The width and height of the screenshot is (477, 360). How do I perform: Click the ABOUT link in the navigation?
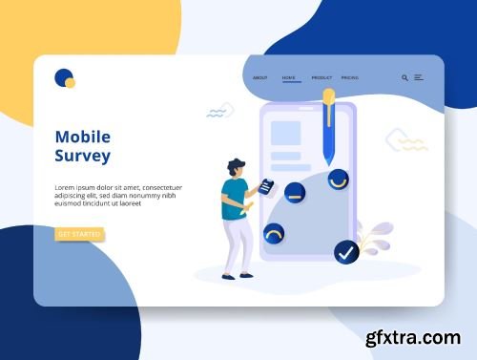pos(260,77)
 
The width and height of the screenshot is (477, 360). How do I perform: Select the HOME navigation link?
pos(289,77)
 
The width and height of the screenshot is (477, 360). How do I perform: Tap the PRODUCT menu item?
pos(321,77)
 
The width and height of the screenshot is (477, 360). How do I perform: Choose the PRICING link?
pos(350,77)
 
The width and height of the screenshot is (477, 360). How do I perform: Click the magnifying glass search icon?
pos(404,77)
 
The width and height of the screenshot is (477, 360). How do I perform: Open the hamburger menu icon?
pos(418,77)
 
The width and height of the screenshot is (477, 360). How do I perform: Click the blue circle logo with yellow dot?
pos(65,78)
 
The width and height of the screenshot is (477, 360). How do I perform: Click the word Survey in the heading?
pos(83,156)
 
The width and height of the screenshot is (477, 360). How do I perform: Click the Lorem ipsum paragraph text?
pos(118,195)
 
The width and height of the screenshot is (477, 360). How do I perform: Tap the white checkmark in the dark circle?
pos(346,252)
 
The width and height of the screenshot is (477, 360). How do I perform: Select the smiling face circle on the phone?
pos(338,180)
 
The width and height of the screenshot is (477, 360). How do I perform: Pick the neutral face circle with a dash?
pos(296,192)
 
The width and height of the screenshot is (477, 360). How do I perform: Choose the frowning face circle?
pos(274,234)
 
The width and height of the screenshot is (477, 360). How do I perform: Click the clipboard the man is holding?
pos(268,186)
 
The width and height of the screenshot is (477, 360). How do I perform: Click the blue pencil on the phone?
pos(329,129)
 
